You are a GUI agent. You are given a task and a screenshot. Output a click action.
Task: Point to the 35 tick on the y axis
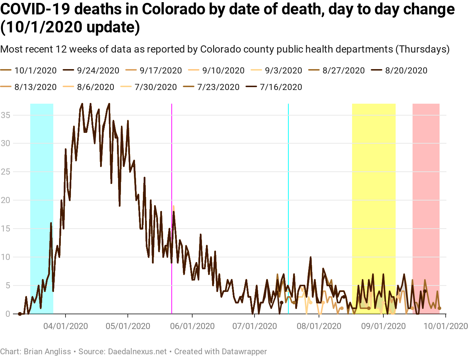coord(5,115)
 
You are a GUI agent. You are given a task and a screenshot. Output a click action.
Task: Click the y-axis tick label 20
coord(5,200)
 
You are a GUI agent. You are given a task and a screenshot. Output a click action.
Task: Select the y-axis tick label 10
coord(5,257)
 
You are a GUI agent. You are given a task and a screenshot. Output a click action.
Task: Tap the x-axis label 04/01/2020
coord(66,327)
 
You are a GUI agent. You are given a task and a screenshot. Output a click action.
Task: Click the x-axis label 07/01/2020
coord(255,327)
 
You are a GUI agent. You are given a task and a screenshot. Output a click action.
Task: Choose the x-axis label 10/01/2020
coord(446,327)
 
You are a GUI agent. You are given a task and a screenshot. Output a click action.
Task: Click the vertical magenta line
coord(172,162)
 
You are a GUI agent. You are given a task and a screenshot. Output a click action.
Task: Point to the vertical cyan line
coord(288,162)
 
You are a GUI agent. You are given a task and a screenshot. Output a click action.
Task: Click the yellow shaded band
coord(374,180)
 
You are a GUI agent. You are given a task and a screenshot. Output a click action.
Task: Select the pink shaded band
coord(426,180)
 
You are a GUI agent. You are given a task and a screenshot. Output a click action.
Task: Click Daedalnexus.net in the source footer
coord(137,351)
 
